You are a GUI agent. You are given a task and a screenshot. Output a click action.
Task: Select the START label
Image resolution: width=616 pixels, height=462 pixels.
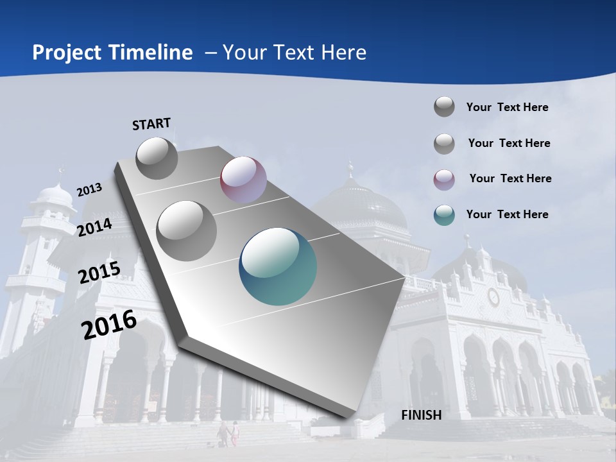pos(151,124)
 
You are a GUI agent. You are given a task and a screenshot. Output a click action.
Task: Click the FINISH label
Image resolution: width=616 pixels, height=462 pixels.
pos(422,415)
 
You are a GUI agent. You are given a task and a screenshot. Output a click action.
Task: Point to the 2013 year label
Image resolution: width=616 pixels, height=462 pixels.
pos(89,190)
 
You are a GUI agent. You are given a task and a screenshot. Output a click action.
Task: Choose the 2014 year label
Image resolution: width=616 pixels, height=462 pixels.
pos(95,227)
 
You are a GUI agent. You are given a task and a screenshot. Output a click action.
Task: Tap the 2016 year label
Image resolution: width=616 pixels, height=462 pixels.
pos(109,325)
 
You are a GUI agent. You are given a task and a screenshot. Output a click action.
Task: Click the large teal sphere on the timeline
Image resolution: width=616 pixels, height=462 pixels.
pos(278,266)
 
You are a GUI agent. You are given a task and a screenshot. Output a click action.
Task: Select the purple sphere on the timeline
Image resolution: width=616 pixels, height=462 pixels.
pos(243,180)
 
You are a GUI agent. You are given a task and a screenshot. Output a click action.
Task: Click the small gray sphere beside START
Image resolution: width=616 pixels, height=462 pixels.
pos(157,158)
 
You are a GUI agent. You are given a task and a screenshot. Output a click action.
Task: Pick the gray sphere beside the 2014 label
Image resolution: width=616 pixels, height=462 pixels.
pos(187,230)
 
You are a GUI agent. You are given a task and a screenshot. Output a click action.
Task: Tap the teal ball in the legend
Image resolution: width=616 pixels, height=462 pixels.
pos(444,215)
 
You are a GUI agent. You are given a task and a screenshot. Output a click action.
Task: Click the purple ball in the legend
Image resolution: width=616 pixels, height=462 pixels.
pos(444,179)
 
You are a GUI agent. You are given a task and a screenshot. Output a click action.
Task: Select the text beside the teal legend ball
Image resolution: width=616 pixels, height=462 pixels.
pos(508,214)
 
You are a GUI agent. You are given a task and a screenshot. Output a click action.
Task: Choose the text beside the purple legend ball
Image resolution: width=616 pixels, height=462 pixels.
pos(510,178)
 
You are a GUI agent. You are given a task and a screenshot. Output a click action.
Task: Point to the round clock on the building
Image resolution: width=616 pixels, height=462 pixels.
pos(493,296)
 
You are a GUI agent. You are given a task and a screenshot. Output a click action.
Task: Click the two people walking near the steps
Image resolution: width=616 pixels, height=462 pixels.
pos(228,434)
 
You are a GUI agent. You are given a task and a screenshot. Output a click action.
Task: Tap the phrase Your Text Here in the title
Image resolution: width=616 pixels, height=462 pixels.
pos(295,53)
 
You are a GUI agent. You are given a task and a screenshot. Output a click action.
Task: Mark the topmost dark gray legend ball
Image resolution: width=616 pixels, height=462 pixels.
pos(444,107)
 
